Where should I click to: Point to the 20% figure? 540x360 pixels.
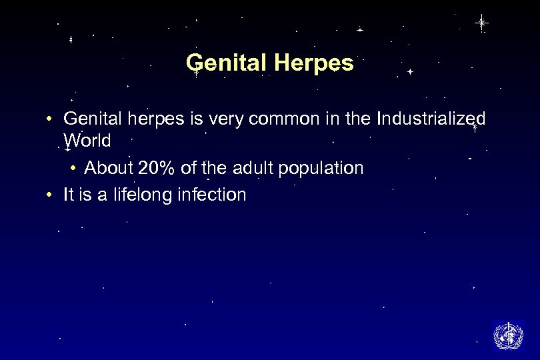[x=158, y=168]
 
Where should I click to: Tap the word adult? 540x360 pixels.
[x=255, y=168]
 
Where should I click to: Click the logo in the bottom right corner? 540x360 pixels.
[x=508, y=335]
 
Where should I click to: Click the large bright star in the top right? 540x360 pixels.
[x=481, y=23]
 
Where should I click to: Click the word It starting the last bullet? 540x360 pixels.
[x=69, y=195]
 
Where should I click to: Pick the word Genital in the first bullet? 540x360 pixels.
[x=90, y=119]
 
